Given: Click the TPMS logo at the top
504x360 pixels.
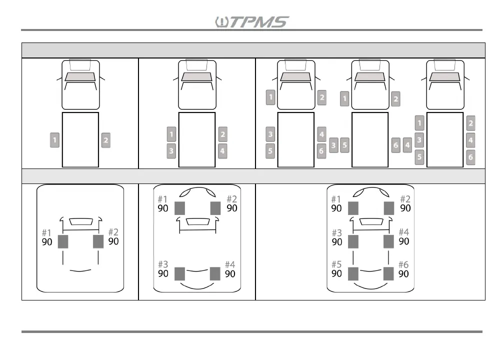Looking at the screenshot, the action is (x=251, y=22).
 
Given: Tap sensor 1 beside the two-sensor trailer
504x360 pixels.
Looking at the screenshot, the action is (x=54, y=139).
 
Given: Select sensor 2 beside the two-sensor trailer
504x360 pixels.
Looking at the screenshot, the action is (x=105, y=140).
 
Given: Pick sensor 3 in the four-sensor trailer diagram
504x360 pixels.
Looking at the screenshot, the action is (x=171, y=150).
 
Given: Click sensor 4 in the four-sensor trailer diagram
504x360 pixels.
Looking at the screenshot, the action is (x=222, y=150).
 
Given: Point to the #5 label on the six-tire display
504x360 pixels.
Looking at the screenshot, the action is (x=336, y=264).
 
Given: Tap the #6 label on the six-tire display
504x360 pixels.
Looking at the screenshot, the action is (x=403, y=264).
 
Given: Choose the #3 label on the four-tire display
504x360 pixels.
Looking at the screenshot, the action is (x=163, y=264).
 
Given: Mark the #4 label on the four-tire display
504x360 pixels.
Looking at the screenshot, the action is (x=230, y=264).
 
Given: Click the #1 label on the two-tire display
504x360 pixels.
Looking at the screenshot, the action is (x=46, y=232).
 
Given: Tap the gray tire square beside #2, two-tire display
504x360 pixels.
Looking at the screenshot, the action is (x=98, y=241).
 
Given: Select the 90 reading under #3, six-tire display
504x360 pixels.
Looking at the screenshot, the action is (x=336, y=242).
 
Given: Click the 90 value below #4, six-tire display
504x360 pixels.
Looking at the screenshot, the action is (x=403, y=241).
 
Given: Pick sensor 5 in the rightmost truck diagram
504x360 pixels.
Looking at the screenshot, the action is (x=420, y=157).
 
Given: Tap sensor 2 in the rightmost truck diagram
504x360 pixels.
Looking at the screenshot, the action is (x=470, y=123).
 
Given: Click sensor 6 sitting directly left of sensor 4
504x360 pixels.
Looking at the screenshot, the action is (x=396, y=145).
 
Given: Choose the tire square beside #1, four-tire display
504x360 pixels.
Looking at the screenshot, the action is (x=180, y=208).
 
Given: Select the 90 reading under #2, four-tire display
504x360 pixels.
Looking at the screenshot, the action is (x=232, y=208).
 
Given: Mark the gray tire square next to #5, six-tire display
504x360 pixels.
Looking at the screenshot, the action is (x=353, y=274).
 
